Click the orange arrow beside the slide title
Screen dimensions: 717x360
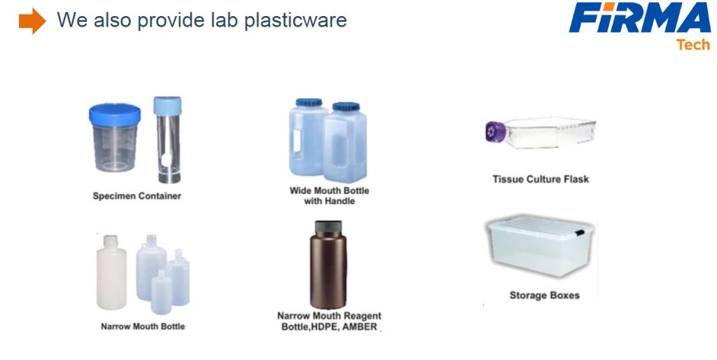(x=32, y=21)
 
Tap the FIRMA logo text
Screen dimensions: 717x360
(x=640, y=18)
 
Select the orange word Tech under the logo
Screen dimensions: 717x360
(x=693, y=45)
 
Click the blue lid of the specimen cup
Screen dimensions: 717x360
(x=115, y=115)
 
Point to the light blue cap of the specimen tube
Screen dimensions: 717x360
(x=167, y=106)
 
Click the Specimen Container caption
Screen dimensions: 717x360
(x=137, y=196)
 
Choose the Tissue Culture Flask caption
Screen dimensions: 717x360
(x=541, y=179)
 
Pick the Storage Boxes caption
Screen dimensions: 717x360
(x=545, y=296)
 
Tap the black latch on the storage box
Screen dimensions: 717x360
(x=579, y=233)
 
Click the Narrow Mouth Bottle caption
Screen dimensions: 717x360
(x=143, y=326)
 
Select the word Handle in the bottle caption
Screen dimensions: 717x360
(x=339, y=201)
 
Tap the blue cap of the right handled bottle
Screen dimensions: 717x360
(x=346, y=107)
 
